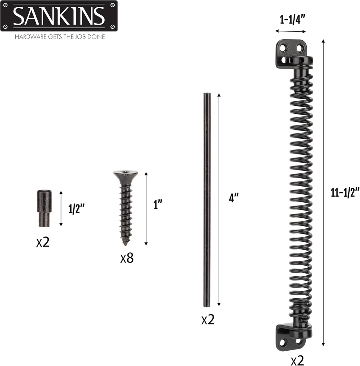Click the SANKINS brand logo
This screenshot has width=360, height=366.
pyautogui.click(x=59, y=16)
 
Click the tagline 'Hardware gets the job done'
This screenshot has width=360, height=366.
pyautogui.click(x=60, y=36)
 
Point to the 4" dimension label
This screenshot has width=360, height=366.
pyautogui.click(x=234, y=198)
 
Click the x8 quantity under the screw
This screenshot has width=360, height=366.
pyautogui.click(x=127, y=258)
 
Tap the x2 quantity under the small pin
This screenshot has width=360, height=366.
pyautogui.click(x=43, y=242)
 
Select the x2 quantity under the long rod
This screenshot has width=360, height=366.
pyautogui.click(x=208, y=319)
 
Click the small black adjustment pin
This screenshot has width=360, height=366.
pyautogui.click(x=45, y=208)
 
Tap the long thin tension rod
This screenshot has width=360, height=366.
pyautogui.click(x=207, y=200)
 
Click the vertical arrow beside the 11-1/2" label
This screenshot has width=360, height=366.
pyautogui.click(x=323, y=193)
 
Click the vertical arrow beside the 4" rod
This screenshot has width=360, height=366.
pyautogui.click(x=219, y=200)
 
